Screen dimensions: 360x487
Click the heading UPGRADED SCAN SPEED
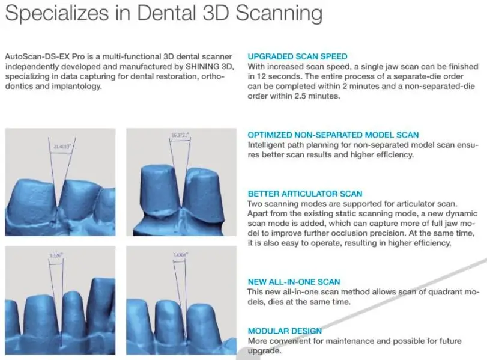(297, 56)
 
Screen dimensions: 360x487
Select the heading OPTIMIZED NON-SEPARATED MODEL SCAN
(333, 135)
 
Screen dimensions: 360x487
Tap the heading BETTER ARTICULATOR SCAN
(305, 194)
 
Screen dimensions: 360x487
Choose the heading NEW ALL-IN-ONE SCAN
(294, 282)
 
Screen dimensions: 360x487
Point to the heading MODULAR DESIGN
(285, 331)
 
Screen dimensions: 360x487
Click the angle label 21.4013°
(62, 146)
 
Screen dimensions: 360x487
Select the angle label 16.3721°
(180, 136)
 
